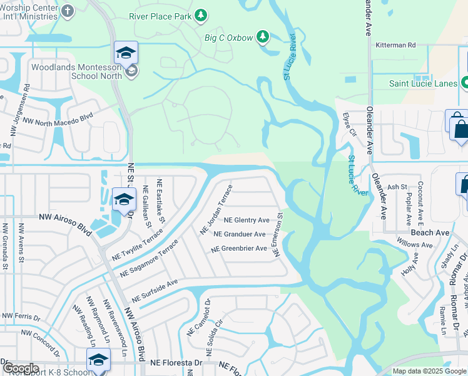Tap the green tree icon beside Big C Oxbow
[x=263, y=38]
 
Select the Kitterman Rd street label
[x=395, y=45]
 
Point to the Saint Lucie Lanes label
[x=423, y=83]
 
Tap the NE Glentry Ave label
[x=247, y=220]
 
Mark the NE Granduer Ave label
[x=240, y=234]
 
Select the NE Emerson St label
[x=279, y=234]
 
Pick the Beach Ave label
[x=430, y=232]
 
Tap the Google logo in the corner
[x=21, y=368]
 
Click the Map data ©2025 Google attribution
[x=429, y=371]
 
